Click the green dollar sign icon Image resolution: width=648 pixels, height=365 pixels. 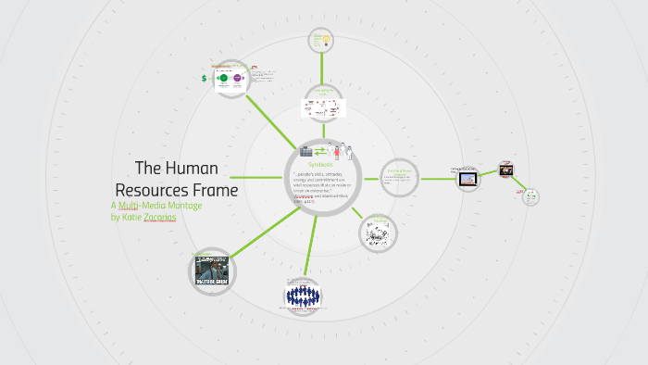[205, 79]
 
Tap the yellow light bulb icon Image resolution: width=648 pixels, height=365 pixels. [325, 39]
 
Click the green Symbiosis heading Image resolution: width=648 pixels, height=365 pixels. [319, 165]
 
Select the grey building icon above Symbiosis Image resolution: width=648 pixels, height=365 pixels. [305, 150]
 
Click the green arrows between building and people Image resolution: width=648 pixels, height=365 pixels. [320, 150]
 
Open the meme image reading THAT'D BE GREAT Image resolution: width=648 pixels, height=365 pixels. [211, 271]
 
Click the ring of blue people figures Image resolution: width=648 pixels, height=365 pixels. [303, 296]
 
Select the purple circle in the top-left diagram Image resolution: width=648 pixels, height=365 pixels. [238, 79]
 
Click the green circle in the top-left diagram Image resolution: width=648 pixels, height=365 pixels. [223, 79]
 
